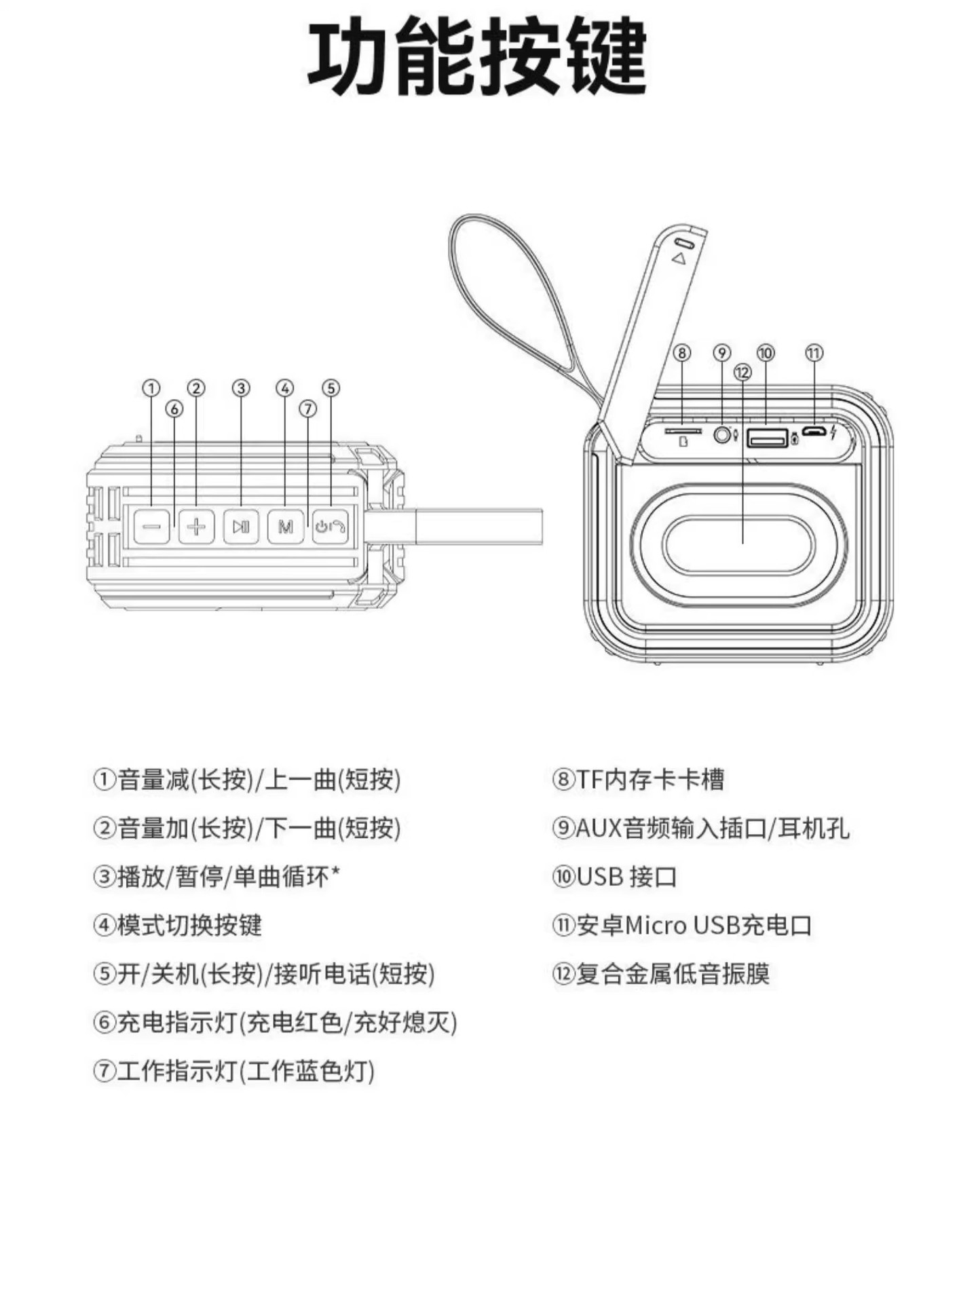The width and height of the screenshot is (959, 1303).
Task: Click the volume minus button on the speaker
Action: (151, 526)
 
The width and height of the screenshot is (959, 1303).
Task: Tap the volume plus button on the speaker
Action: (197, 526)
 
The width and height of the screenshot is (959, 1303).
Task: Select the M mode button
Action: (286, 526)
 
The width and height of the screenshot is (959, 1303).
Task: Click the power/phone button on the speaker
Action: (331, 526)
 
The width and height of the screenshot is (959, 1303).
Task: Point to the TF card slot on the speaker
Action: (683, 431)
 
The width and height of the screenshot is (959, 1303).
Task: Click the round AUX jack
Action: (722, 434)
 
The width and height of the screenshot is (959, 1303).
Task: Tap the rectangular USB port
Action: (767, 438)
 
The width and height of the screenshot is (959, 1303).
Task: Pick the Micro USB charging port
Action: (814, 432)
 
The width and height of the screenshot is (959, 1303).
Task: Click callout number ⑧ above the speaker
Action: (682, 353)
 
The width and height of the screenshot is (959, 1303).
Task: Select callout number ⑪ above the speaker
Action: (814, 353)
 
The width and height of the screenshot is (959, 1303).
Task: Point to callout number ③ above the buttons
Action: (241, 388)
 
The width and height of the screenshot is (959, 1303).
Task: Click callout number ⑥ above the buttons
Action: (174, 409)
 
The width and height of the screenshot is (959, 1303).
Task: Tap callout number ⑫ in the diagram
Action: (742, 372)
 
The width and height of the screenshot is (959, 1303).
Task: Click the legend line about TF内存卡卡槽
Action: (638, 780)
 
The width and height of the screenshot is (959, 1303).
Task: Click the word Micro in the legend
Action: (656, 926)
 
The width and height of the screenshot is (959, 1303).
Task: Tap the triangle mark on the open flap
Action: (679, 258)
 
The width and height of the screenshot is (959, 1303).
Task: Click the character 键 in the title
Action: (607, 58)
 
